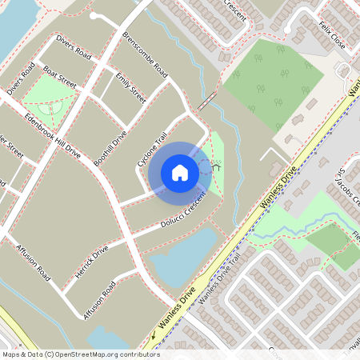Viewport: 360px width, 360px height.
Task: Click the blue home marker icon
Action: tap(180, 173)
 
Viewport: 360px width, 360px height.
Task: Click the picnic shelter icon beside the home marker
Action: tap(214, 166)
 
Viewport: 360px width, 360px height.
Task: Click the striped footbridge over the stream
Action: tap(207, 102)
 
